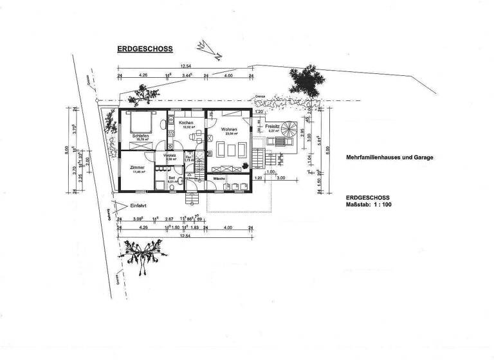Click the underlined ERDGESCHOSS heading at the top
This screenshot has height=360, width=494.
tap(144, 48)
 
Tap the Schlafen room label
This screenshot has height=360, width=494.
tap(141, 136)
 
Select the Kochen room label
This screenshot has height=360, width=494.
tap(187, 123)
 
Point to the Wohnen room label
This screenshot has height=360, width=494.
tap(229, 130)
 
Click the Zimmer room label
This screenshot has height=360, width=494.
tap(136, 168)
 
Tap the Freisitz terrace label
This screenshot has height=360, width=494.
tap(272, 127)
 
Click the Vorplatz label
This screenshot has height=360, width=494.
tap(170, 156)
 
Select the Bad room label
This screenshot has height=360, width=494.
tap(172, 178)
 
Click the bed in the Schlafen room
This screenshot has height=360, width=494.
tap(139, 122)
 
